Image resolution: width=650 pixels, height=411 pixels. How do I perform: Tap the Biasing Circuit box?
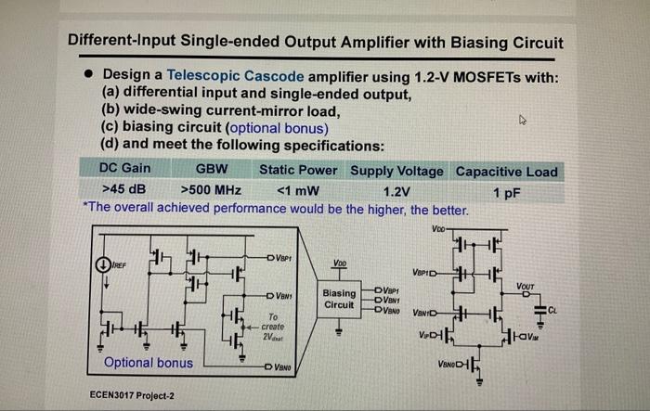click(x=340, y=297)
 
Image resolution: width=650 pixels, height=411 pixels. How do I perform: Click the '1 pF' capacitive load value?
click(x=509, y=190)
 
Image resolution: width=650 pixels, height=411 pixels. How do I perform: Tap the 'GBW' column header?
click(x=213, y=171)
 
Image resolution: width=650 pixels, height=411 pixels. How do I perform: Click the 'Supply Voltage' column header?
click(x=397, y=171)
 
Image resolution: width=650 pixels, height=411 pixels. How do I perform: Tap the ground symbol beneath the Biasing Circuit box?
click(x=340, y=329)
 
